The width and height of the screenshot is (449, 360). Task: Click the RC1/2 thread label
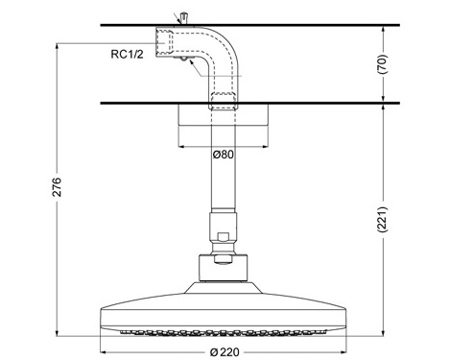click(x=128, y=55)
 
